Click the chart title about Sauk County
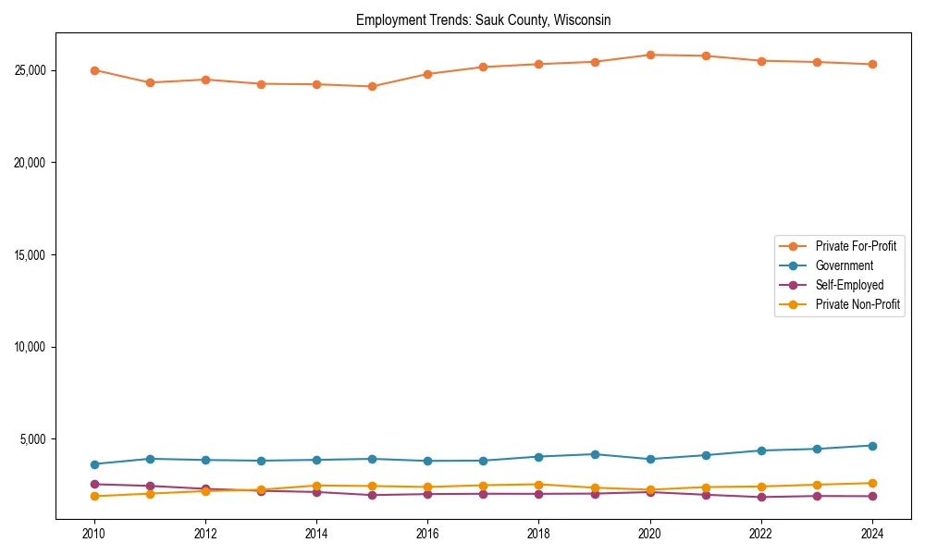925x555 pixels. [483, 19]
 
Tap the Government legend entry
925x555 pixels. [844, 265]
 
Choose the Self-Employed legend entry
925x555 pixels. [849, 285]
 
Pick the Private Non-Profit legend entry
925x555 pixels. [857, 304]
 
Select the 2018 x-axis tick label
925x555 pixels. [538, 534]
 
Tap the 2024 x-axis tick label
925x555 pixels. [872, 534]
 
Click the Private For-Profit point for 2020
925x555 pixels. [650, 55]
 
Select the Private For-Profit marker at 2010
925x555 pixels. [94, 70]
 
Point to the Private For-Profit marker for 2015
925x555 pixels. [372, 86]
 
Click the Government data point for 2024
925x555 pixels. [872, 446]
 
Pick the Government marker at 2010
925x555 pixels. [94, 464]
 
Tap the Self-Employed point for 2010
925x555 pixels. [94, 484]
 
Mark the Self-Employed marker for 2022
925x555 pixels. [761, 497]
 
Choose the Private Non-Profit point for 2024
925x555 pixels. [872, 483]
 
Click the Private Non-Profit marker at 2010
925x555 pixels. [94, 497]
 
